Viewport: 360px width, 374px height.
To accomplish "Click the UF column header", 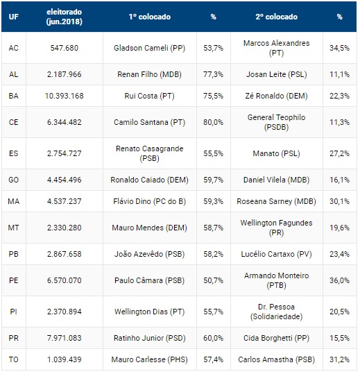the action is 14,17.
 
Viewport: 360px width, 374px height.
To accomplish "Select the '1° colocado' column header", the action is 150,17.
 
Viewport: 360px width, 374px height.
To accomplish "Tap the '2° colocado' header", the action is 277,17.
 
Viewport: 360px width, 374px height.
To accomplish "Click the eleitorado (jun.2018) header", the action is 65,17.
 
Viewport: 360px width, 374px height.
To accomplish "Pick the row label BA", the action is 14,96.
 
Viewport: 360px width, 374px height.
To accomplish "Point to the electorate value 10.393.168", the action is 65,96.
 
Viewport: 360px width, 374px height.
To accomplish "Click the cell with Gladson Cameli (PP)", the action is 150,48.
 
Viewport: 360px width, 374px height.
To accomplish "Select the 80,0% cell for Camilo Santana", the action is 214,122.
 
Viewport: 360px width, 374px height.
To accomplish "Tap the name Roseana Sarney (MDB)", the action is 276,201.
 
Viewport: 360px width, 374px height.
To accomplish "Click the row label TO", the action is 14,359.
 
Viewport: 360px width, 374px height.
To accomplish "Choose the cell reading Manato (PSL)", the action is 276,153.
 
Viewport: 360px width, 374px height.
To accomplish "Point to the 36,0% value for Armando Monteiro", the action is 339,280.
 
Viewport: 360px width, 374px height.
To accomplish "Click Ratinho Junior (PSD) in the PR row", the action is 150,338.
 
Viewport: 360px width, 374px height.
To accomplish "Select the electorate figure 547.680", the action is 65,48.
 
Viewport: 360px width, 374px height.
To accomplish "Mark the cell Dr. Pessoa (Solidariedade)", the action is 276,312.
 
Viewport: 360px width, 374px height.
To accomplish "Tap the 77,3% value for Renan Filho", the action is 214,74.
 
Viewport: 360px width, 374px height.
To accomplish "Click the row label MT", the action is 14,228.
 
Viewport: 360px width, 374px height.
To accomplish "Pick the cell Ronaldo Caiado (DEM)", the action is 150,180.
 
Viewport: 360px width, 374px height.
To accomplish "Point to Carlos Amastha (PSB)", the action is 276,359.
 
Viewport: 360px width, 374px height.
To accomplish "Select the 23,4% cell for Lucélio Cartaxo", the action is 339,254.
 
